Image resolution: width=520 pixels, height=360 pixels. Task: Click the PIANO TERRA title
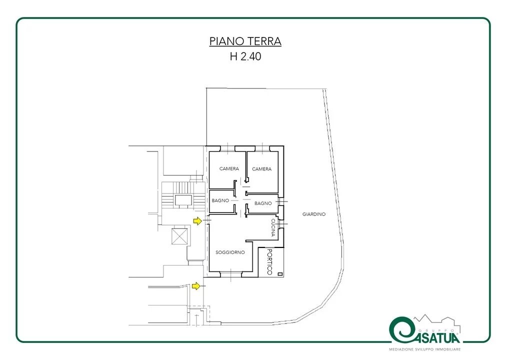[245, 41]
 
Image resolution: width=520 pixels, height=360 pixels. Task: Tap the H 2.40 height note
[245, 56]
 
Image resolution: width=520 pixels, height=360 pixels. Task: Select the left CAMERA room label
[229, 168]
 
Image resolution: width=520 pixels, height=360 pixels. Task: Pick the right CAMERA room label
[261, 169]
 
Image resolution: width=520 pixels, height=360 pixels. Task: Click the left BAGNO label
[220, 200]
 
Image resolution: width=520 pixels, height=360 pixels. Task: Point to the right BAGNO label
[263, 203]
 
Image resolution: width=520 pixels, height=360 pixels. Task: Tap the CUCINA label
[273, 227]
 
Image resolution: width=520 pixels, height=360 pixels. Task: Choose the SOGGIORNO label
[230, 252]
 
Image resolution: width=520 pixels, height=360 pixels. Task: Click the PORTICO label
[269, 262]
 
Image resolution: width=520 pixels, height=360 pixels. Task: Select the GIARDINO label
[314, 214]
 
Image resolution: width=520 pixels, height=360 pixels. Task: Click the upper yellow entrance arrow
[197, 221]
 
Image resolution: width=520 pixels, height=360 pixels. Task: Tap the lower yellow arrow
[196, 285]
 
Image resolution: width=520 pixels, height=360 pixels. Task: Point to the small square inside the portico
[280, 274]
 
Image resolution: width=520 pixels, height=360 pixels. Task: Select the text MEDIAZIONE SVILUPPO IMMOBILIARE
[425, 349]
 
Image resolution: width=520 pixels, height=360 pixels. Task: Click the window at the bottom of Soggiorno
[231, 274]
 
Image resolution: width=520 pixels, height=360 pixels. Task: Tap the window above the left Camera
[227, 148]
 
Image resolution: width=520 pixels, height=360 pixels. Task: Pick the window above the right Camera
[262, 148]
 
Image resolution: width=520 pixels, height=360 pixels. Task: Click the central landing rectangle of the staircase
[183, 200]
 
